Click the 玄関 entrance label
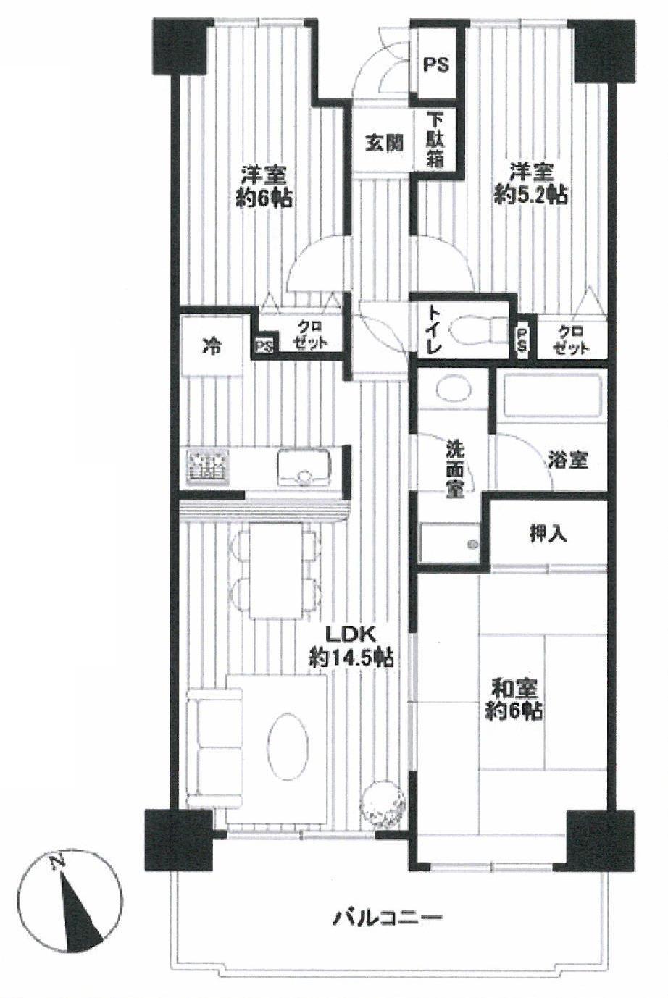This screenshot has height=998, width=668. tap(383, 143)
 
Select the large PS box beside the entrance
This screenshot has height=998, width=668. tap(435, 64)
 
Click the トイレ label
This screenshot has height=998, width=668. tap(434, 330)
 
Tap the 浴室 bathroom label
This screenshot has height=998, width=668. tap(567, 459)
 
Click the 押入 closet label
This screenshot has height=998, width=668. tap(548, 534)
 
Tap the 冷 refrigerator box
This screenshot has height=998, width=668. tap(212, 346)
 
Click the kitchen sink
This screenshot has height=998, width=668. tap(304, 466)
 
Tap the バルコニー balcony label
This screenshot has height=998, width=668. tap(387, 918)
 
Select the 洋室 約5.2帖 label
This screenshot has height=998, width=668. tap(530, 183)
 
